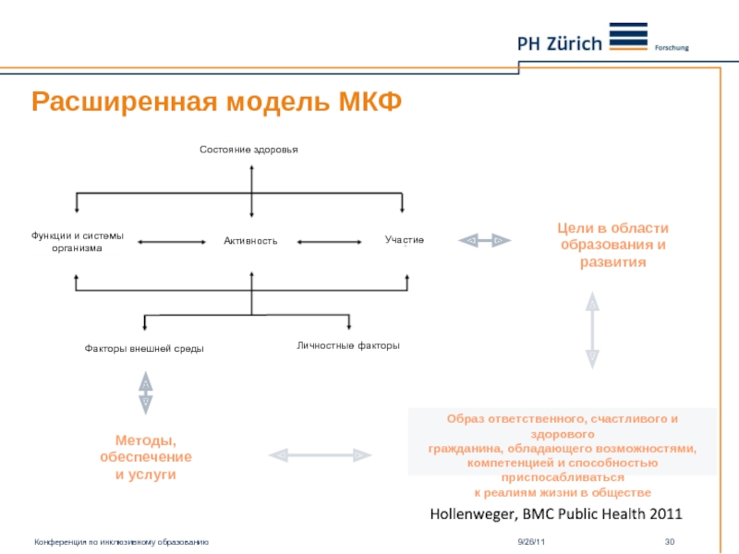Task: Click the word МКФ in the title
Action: [363, 102]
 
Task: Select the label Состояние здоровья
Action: [250, 149]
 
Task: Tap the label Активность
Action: [250, 241]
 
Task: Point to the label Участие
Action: [405, 240]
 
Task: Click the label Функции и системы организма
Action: [77, 242]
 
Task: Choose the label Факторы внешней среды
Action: [144, 349]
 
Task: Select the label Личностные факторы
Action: [348, 345]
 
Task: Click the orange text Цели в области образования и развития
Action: [600, 245]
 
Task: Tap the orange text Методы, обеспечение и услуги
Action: [146, 457]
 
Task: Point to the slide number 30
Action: [672, 541]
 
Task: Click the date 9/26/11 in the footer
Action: [531, 541]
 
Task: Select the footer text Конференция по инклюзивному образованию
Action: [121, 541]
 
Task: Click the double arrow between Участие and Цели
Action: [485, 240]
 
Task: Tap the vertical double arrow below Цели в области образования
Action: [592, 331]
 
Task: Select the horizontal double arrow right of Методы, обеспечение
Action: [319, 454]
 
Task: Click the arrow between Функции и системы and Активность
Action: [171, 242]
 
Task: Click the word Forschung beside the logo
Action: [672, 47]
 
